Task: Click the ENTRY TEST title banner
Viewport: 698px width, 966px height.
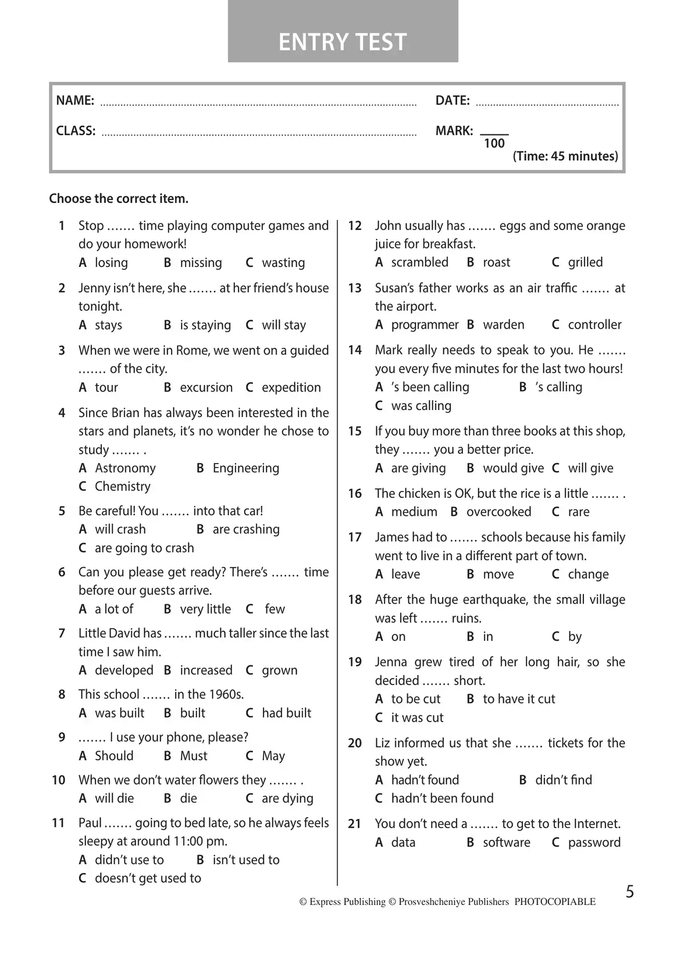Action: (x=343, y=42)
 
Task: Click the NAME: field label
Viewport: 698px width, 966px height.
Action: (x=75, y=101)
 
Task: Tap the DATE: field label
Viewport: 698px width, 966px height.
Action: (x=453, y=101)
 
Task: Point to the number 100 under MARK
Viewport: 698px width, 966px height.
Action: (x=494, y=144)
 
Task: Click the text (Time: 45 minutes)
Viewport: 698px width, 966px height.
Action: (x=565, y=156)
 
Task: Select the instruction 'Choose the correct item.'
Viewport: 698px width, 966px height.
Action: (x=119, y=199)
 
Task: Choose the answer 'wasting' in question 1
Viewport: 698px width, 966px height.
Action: (x=283, y=263)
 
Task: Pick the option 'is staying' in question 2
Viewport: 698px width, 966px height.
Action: (x=205, y=325)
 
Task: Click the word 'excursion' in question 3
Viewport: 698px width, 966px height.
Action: (x=206, y=387)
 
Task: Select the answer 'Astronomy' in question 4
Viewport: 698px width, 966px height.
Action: (x=125, y=468)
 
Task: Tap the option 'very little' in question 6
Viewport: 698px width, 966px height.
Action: (x=205, y=609)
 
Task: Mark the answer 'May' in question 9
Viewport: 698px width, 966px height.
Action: (x=273, y=756)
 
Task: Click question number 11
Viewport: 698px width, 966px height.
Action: (x=58, y=823)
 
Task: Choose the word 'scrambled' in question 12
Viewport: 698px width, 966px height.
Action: (x=419, y=262)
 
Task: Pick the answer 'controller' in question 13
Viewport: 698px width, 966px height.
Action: (x=594, y=325)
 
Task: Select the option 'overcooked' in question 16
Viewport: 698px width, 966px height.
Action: (x=498, y=512)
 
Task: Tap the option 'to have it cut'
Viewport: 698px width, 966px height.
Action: (x=519, y=699)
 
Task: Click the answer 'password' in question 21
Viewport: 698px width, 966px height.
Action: (x=594, y=842)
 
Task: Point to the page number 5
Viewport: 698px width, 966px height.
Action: (x=630, y=892)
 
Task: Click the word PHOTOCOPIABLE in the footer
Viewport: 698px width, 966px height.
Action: (x=555, y=902)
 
